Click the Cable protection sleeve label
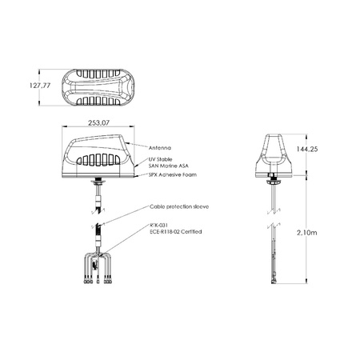pos(179,206)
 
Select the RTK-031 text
pos(158,225)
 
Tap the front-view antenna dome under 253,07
pos(98,156)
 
